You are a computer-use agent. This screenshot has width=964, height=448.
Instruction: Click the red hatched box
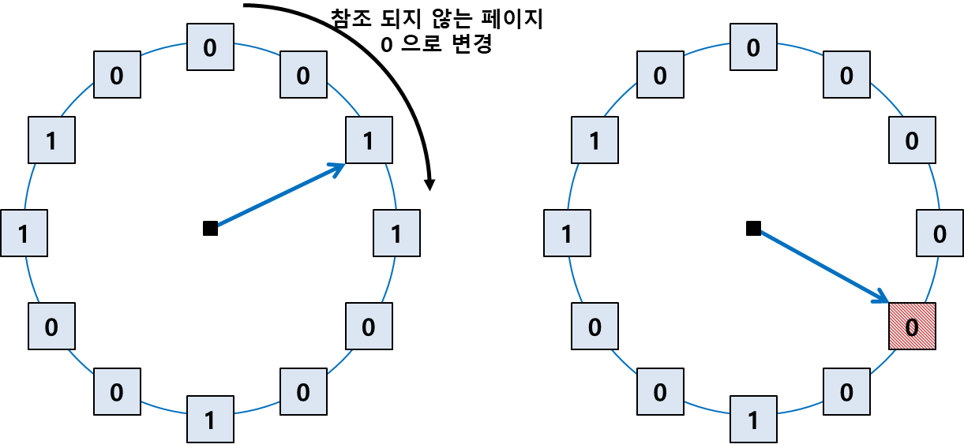click(912, 327)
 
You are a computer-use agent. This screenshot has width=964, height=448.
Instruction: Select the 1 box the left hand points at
click(368, 141)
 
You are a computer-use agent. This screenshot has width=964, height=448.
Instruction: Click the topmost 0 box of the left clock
click(210, 48)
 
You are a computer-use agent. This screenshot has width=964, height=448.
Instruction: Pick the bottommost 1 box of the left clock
click(210, 420)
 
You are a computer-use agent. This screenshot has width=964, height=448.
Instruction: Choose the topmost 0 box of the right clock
click(753, 48)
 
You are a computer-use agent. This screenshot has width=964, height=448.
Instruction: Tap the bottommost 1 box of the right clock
click(753, 420)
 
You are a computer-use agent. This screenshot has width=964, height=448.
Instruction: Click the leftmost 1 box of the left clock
click(24, 233)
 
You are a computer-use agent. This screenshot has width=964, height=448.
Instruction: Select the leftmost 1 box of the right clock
click(567, 233)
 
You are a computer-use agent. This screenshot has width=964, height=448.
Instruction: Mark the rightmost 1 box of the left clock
click(396, 233)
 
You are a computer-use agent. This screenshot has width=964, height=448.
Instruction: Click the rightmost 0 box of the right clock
click(940, 233)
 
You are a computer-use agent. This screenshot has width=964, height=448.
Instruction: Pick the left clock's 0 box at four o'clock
click(368, 327)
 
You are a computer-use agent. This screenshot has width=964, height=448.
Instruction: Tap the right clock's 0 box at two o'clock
click(912, 141)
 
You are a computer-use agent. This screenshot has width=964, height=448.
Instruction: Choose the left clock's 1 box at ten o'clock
click(51, 141)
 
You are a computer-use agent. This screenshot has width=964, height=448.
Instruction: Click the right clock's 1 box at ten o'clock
click(595, 141)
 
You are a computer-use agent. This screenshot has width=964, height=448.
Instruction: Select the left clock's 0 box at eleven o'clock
click(117, 76)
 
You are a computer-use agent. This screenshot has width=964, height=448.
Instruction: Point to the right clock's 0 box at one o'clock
click(846, 76)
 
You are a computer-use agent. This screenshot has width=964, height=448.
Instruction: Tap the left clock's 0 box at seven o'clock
click(117, 392)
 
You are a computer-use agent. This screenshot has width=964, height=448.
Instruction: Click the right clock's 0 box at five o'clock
click(846, 392)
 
